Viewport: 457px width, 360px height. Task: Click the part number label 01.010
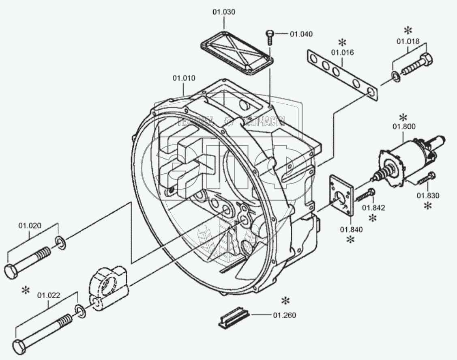[x=184, y=78]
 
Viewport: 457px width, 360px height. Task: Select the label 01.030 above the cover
[x=223, y=12]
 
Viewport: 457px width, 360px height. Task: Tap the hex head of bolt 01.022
[x=19, y=346]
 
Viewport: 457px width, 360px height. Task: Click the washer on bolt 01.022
[x=80, y=310]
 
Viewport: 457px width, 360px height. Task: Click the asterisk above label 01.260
[x=286, y=301]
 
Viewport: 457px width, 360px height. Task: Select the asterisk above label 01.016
[x=343, y=42]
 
